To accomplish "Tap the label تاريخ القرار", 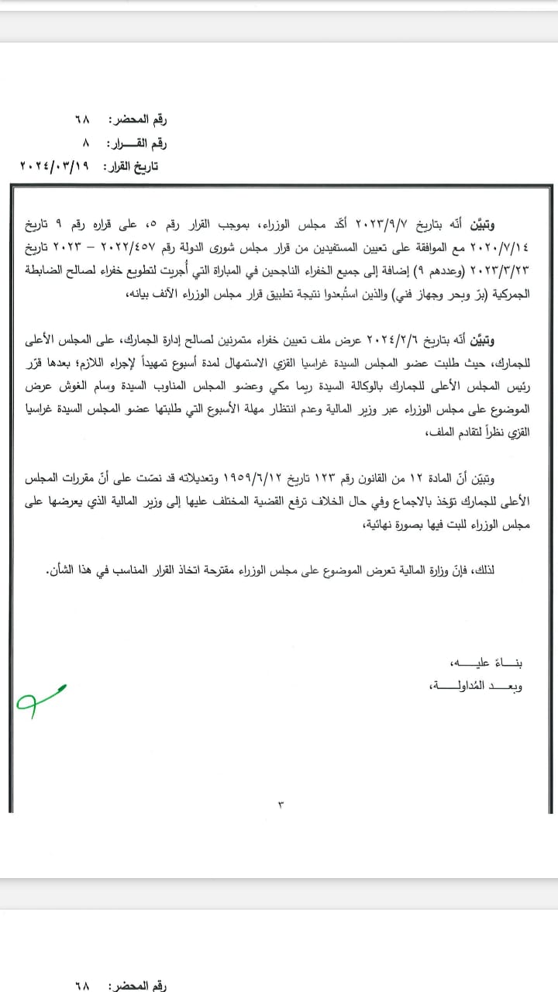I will click(x=139, y=165).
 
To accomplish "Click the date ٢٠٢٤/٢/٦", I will click(x=387, y=340).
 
